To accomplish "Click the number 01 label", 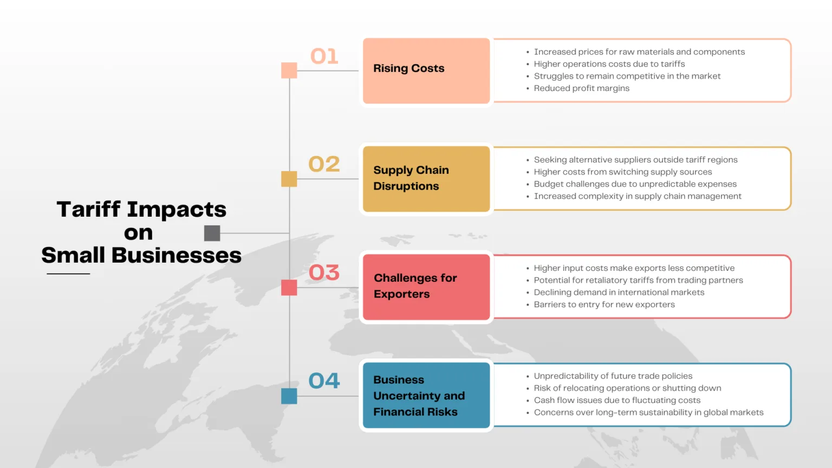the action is click(324, 56).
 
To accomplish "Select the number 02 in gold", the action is click(324, 164).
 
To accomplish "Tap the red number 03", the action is click(324, 272).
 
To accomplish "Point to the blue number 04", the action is click(324, 380).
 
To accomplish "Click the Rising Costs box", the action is click(426, 70).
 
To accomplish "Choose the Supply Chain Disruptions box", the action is click(426, 179).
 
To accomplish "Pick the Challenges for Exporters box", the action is click(426, 287).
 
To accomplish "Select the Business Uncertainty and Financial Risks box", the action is click(426, 395).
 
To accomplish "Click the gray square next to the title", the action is click(212, 233).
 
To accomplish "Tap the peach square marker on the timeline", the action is click(289, 70).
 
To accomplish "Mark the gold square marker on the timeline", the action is click(289, 179).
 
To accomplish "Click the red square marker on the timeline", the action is click(289, 288).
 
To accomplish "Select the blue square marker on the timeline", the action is click(289, 396).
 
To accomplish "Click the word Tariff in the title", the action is click(88, 209).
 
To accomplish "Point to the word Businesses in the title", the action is click(177, 256).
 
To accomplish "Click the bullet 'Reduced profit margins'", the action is click(582, 88).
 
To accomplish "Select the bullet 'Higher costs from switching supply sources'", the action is click(623, 172).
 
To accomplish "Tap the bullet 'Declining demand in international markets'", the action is click(619, 292).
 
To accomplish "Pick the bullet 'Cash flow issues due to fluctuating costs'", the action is click(617, 400).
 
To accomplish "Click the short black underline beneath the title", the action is click(68, 274).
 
